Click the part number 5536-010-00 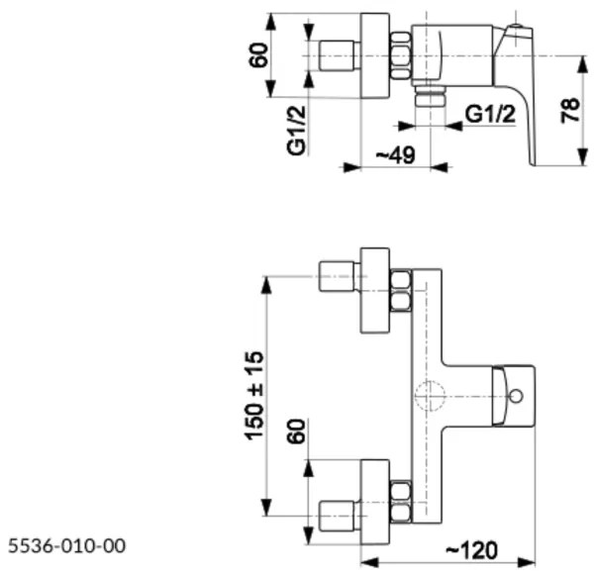tap(67, 545)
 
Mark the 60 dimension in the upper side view tap(259, 54)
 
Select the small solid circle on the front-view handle tap(515, 398)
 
